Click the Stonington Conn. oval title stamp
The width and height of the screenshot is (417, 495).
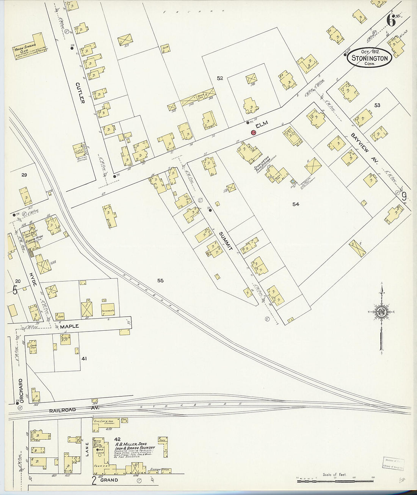pos(370,58)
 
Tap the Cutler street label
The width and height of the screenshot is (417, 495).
pos(80,93)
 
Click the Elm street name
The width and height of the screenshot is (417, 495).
pos(262,124)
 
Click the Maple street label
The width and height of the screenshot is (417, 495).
pos(69,326)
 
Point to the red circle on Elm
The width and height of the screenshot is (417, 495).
pos(253,132)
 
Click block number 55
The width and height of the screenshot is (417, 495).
pos(160,280)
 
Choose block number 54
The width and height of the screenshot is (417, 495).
pos(296,204)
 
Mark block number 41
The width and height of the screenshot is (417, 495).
pos(84,358)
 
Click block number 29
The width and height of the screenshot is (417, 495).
pos(24,175)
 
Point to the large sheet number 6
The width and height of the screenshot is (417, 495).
pos(391,20)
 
